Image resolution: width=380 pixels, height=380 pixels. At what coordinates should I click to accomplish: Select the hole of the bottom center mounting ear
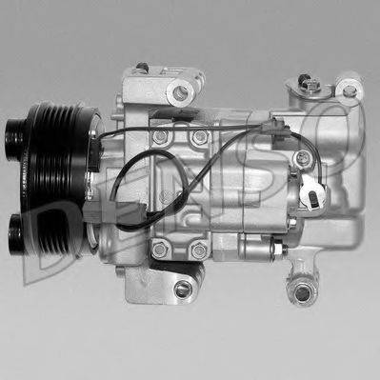coord(183,288)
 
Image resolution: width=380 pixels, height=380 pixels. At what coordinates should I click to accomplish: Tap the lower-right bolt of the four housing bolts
coord(198,250)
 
